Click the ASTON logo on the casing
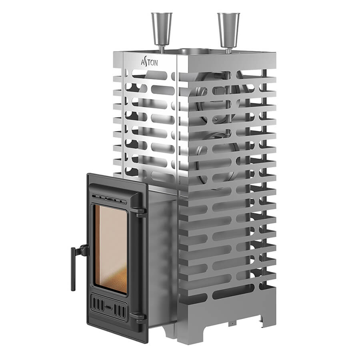(149, 62)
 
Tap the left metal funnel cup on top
(162, 28)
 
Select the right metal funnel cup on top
(228, 29)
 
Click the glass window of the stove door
(111, 249)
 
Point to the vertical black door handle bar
(73, 269)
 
